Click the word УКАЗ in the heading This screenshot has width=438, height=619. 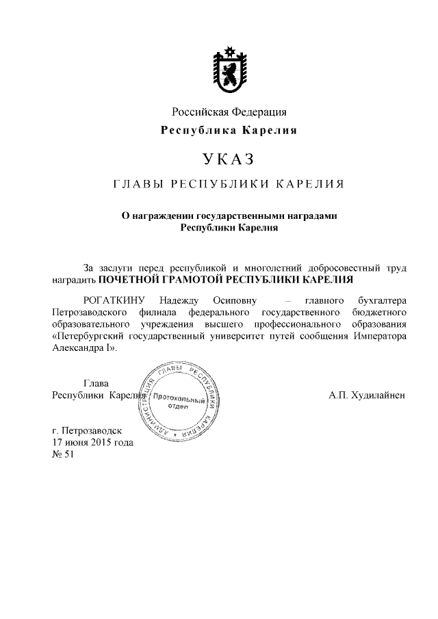pyautogui.click(x=228, y=160)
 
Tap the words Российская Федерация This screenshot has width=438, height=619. pyautogui.click(x=228, y=111)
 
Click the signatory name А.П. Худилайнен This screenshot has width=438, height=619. pyautogui.click(x=368, y=395)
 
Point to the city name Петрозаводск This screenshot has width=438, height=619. pyautogui.click(x=91, y=431)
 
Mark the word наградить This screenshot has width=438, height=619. pyautogui.click(x=73, y=280)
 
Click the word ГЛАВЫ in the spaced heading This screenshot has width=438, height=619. pyautogui.click(x=136, y=185)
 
